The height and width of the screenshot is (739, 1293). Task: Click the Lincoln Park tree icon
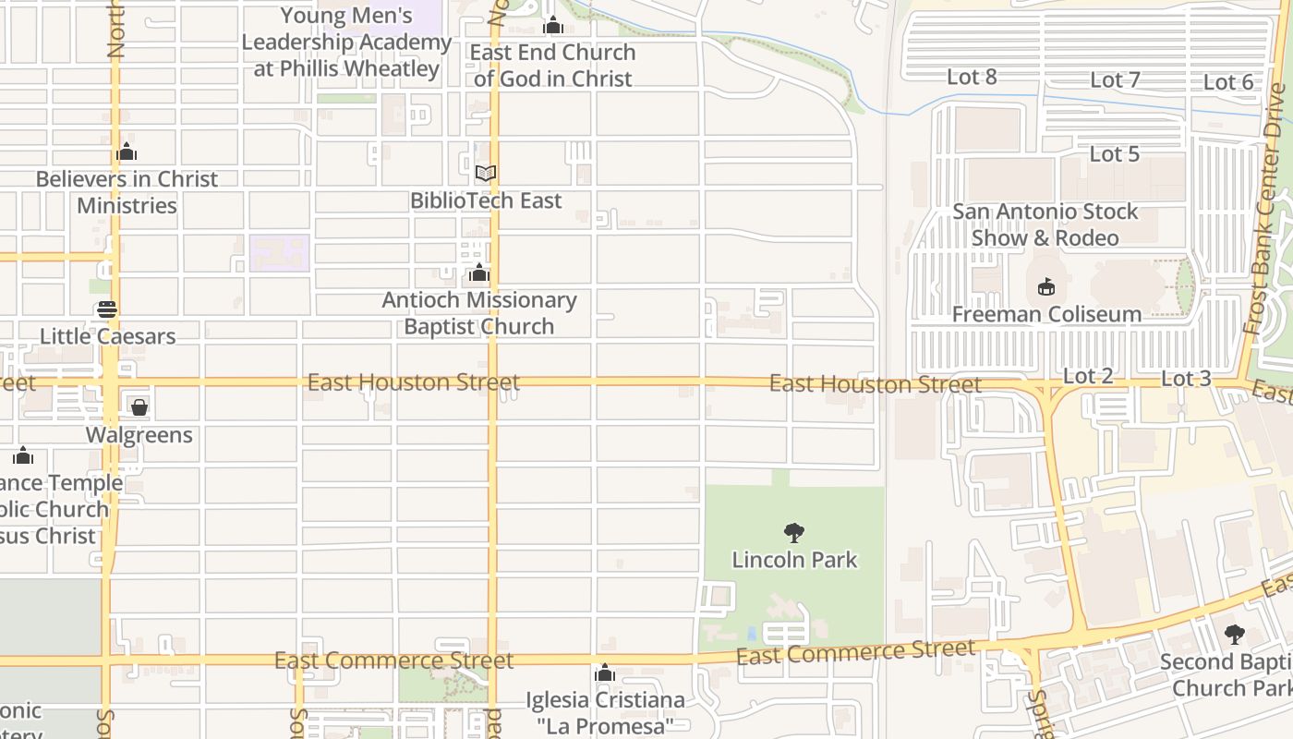(793, 533)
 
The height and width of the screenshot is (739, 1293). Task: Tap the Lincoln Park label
(794, 560)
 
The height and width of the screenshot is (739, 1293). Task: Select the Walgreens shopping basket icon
(139, 407)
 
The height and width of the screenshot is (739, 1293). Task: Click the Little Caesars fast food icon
(107, 309)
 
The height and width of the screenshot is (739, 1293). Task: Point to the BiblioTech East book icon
(486, 173)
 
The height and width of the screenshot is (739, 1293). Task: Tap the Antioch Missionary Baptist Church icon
(478, 273)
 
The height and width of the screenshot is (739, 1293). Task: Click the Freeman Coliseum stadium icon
(1046, 287)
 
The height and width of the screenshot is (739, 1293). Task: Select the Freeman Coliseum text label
(1046, 314)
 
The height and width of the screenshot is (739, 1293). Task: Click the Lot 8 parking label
(972, 78)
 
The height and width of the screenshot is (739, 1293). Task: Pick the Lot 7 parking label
(1115, 80)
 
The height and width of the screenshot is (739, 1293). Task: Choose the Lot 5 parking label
(1115, 154)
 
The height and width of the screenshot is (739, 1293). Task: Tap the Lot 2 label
(1088, 376)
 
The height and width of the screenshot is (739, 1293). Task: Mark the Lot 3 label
(1186, 379)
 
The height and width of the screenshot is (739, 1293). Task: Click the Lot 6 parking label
(1228, 83)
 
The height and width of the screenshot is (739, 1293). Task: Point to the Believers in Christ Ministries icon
(127, 152)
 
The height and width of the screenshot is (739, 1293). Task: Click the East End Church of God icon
(553, 26)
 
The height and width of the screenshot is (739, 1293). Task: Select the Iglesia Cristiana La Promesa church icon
(605, 673)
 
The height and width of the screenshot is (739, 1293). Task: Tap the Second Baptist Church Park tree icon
(1234, 635)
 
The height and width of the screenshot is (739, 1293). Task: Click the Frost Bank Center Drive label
(1266, 208)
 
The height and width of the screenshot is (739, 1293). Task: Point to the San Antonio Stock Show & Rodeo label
(1045, 224)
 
